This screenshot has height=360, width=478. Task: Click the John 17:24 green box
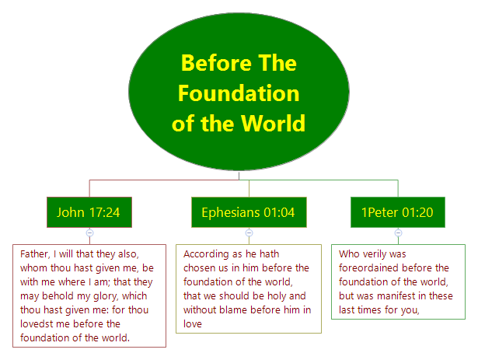(89, 212)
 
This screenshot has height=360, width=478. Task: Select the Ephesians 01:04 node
(248, 212)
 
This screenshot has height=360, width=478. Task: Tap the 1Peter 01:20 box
(397, 212)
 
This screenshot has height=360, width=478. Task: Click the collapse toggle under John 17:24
(89, 232)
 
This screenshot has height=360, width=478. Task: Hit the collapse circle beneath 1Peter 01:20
(398, 232)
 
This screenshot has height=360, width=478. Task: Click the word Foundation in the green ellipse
(238, 93)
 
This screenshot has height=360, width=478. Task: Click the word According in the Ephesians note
(208, 253)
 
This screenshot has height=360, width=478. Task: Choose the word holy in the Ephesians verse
(277, 295)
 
